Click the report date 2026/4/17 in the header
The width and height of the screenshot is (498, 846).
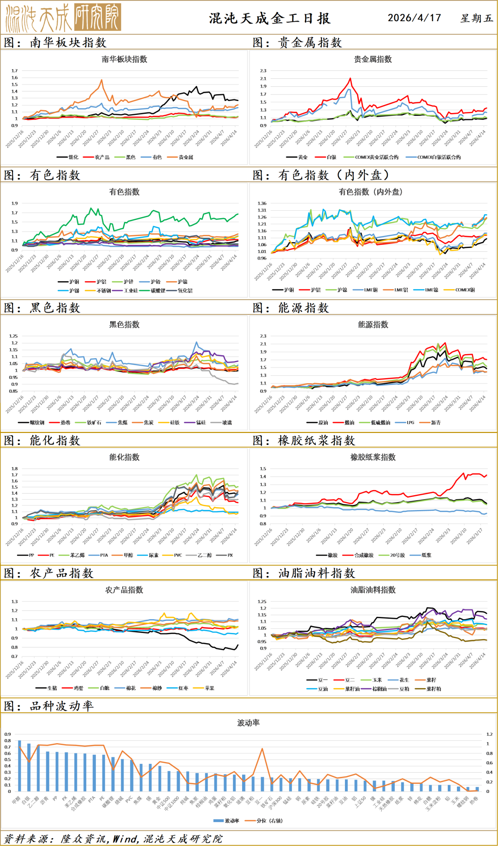(414, 18)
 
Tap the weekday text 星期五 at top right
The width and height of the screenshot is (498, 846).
(477, 18)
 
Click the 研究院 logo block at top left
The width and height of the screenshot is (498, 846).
(97, 17)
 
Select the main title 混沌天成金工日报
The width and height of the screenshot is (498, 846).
(270, 18)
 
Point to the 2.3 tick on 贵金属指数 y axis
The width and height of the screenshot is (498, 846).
(263, 71)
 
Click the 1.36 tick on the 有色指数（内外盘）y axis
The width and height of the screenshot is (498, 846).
(262, 203)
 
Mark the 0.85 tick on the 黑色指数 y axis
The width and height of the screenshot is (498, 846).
(13, 391)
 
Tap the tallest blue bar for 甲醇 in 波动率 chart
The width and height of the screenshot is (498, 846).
(19, 766)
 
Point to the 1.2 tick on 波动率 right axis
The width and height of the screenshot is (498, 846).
(489, 734)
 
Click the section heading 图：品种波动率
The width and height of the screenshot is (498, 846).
(49, 706)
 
